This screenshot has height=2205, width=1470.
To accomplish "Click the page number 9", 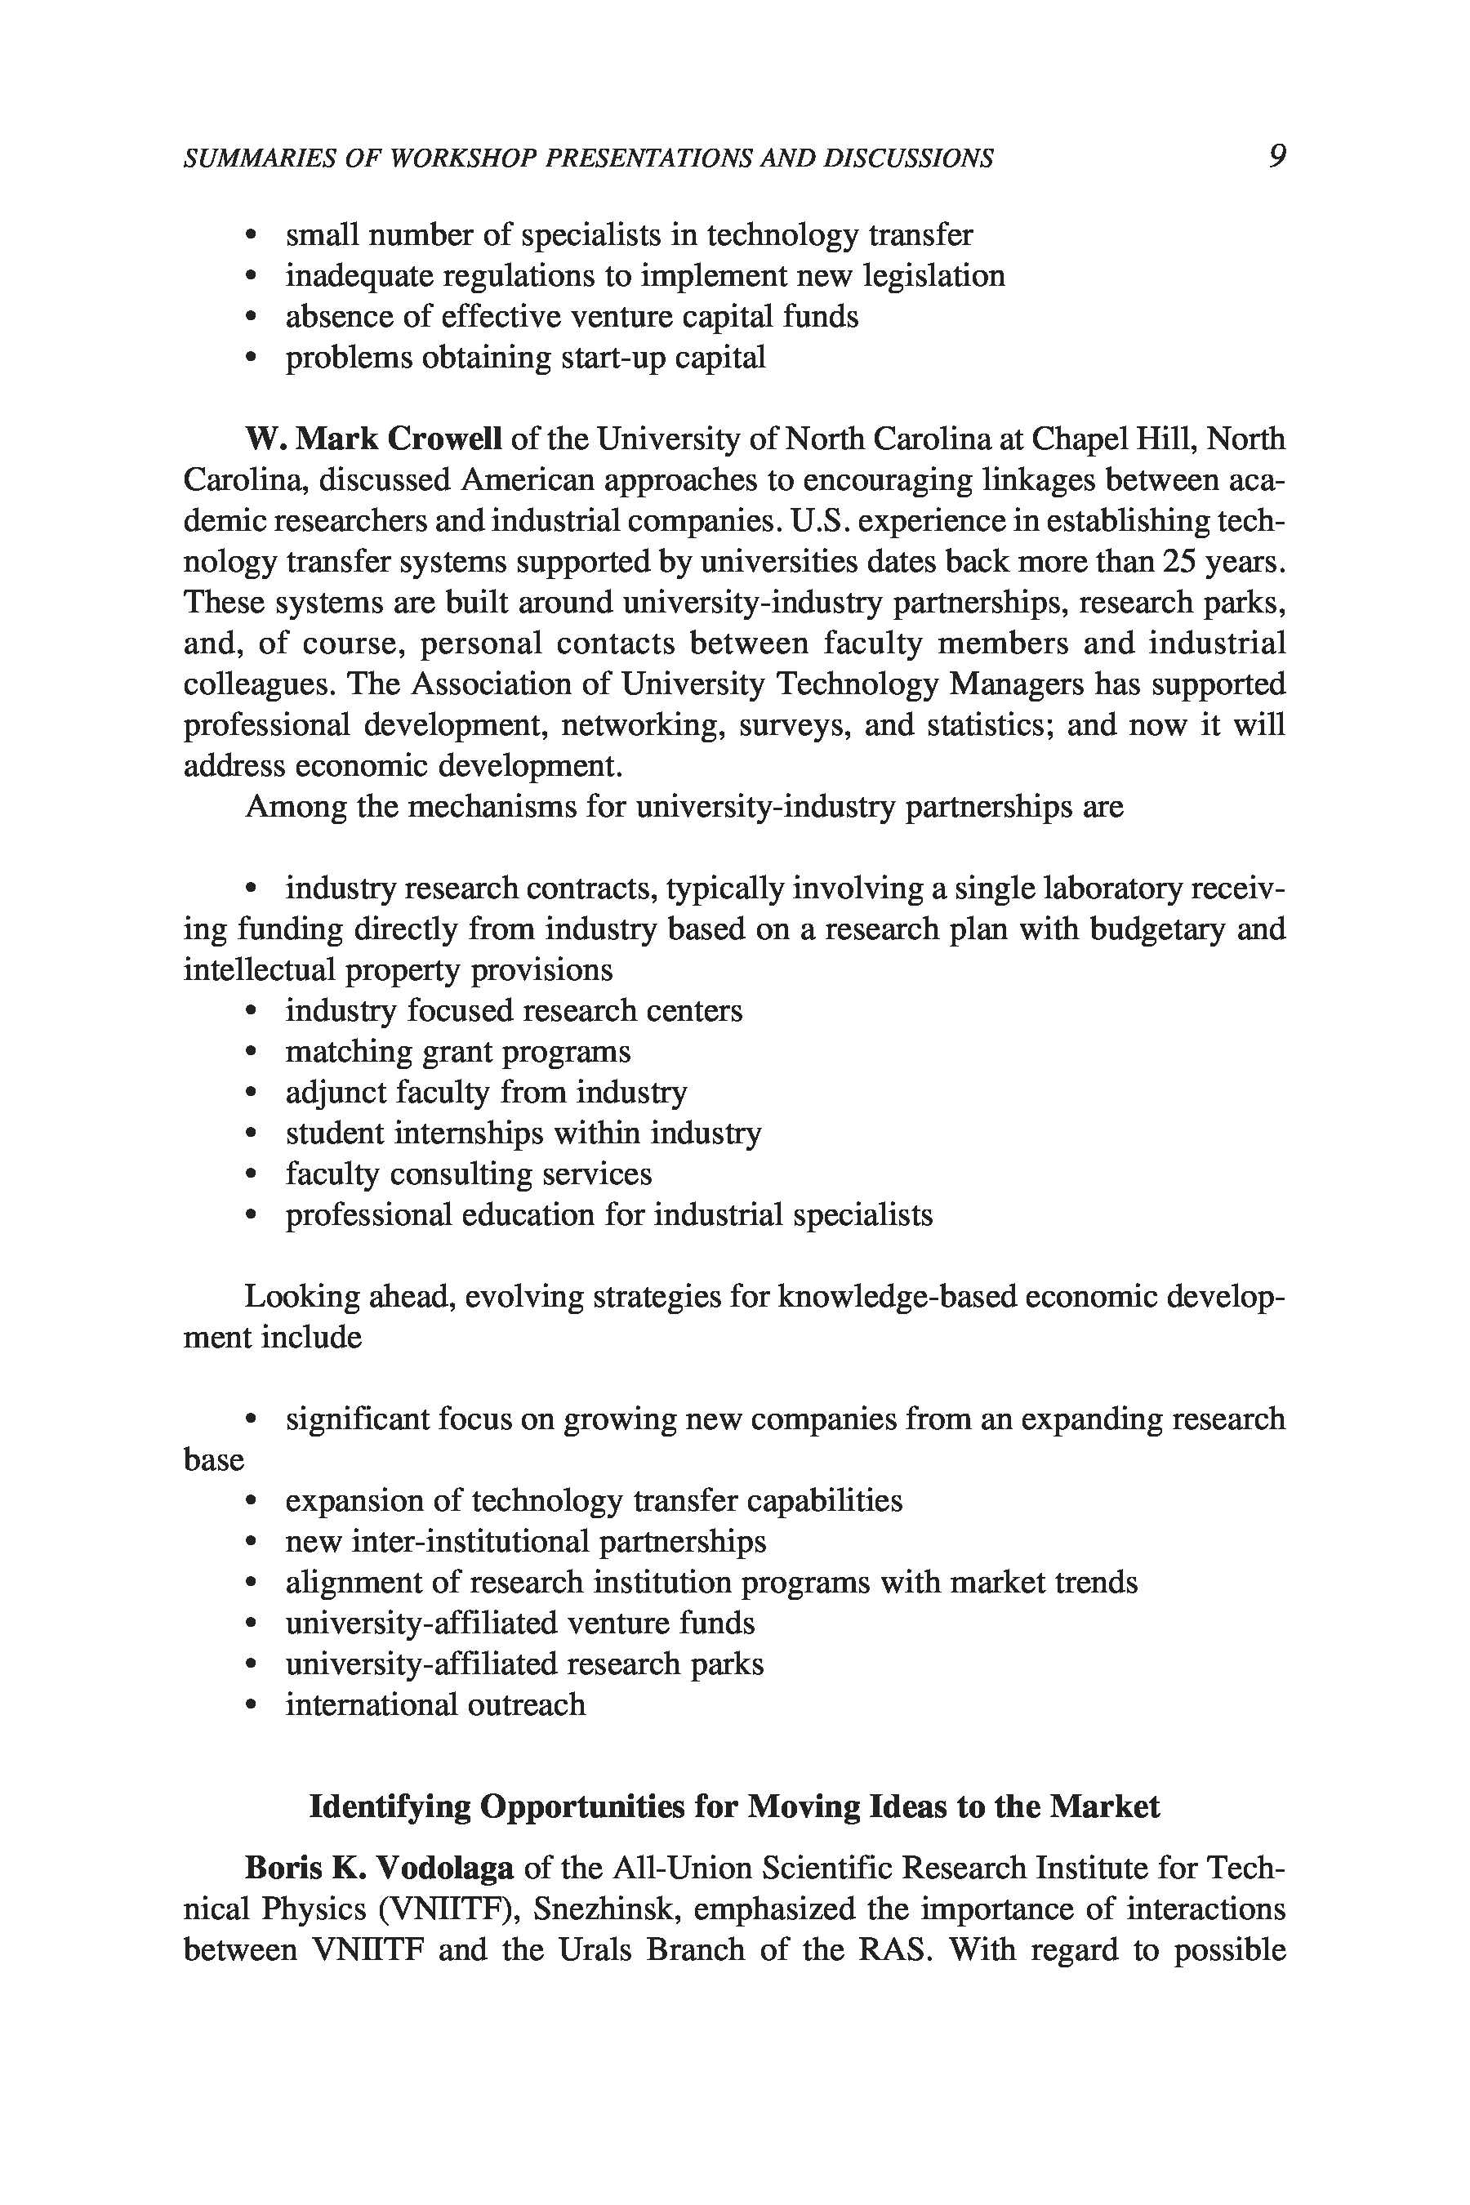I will (1277, 156).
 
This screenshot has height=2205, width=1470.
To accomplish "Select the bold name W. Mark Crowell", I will (373, 439).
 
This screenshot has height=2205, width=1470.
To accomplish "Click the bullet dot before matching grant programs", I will (251, 1053).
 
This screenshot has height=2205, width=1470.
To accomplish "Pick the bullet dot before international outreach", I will (251, 1705).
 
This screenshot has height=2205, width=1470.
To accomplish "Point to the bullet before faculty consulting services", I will (251, 1174).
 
